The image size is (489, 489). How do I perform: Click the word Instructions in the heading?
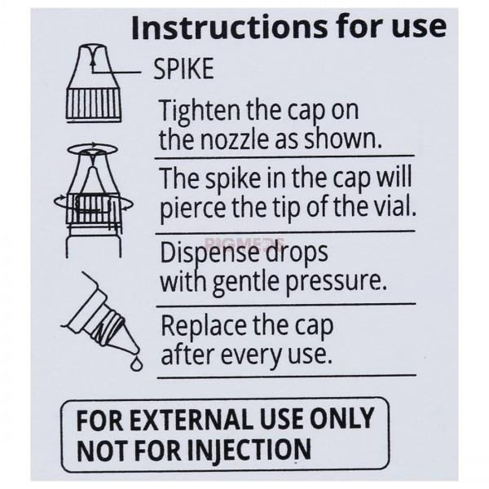click(x=230, y=28)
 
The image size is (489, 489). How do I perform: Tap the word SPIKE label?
click(x=183, y=68)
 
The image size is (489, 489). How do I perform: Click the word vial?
click(x=397, y=206)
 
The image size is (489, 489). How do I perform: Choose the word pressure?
click(x=336, y=283)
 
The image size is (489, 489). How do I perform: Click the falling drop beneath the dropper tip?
click(x=136, y=363)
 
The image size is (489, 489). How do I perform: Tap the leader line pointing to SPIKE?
click(x=116, y=72)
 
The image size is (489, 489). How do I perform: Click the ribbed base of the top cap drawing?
click(x=94, y=105)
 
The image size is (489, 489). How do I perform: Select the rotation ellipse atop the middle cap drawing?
click(x=93, y=149)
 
